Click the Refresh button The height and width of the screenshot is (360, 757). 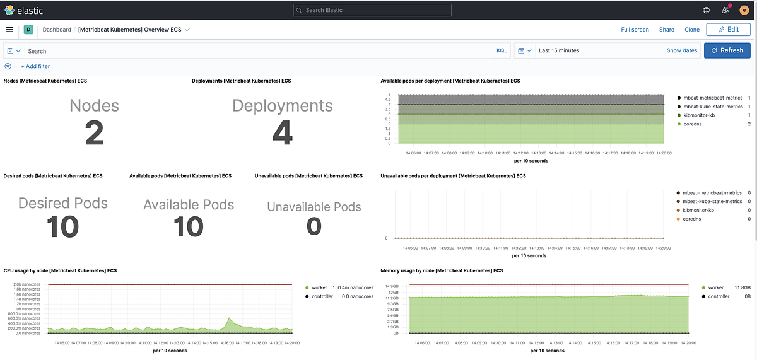[727, 50]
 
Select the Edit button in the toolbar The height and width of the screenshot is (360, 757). [727, 30]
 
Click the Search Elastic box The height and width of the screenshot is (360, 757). [372, 10]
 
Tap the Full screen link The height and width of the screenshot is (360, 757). [635, 30]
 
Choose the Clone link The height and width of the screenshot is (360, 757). [692, 30]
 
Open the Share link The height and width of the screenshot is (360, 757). [667, 30]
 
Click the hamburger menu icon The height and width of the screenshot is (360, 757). [9, 30]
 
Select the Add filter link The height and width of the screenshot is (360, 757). [35, 66]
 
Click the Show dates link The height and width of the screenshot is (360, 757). [682, 50]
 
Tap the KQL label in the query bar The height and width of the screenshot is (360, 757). [502, 50]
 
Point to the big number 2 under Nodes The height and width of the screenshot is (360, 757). [94, 133]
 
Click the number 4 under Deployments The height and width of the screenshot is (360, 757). [282, 133]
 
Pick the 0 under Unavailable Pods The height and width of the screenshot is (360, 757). [314, 226]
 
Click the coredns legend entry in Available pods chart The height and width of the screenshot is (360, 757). [693, 124]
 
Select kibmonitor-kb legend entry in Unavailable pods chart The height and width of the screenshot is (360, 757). [698, 210]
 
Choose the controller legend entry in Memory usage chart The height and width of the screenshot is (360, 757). [719, 296]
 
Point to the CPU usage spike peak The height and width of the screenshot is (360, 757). [230, 318]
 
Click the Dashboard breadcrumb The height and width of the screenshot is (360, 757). [57, 30]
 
